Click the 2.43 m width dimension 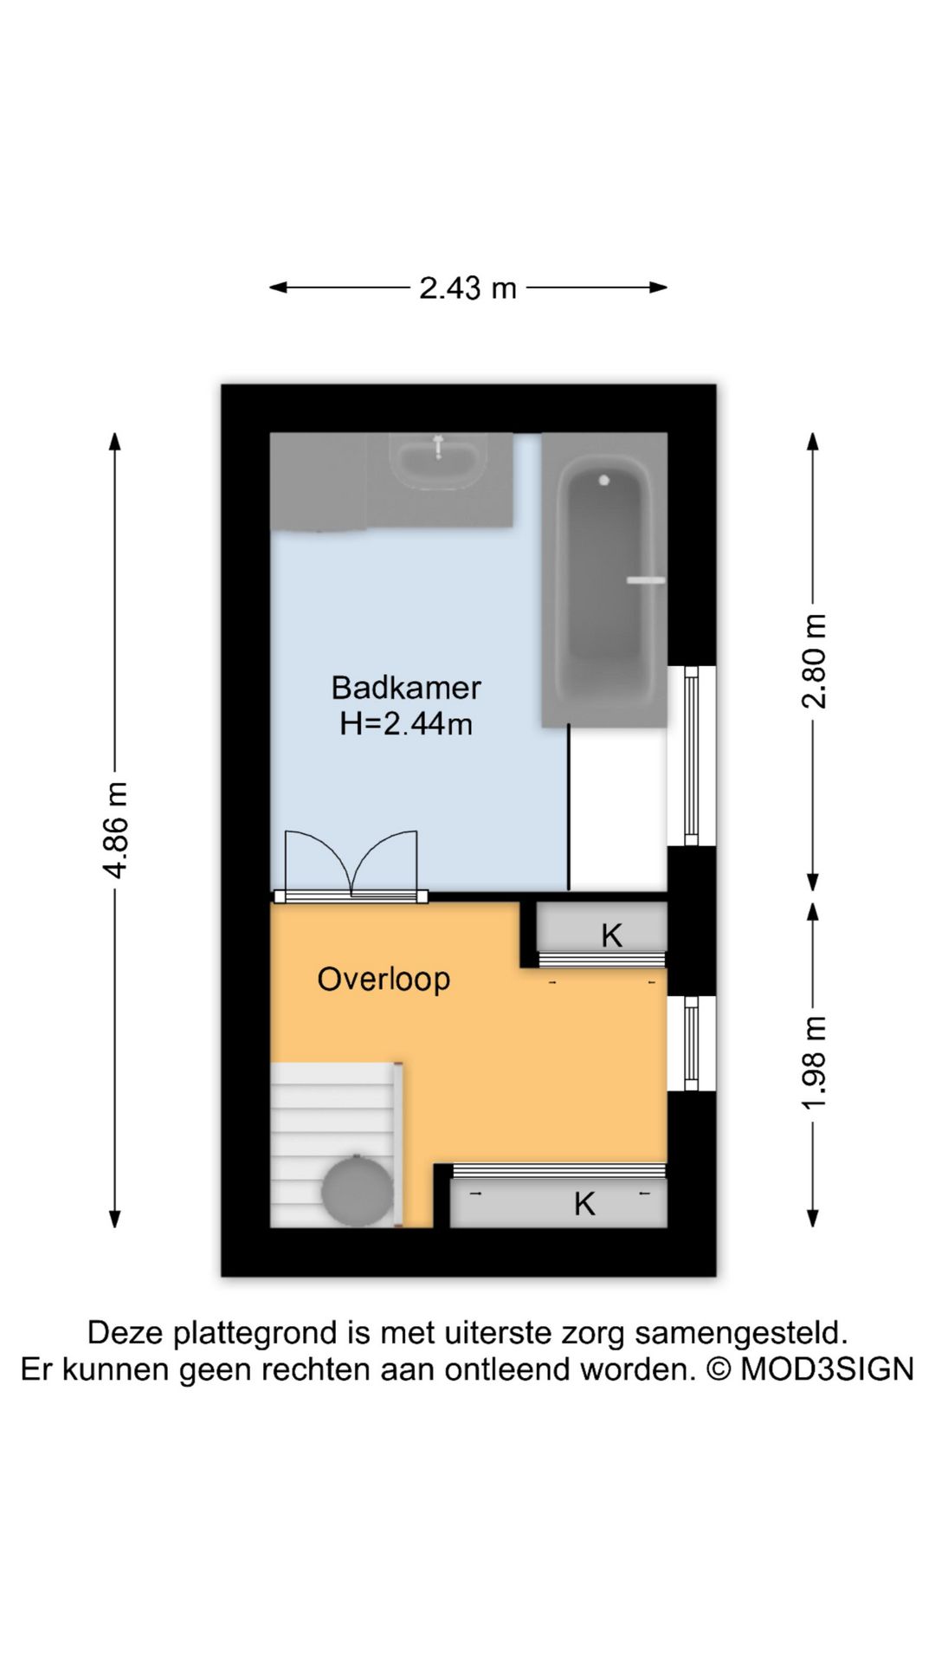(x=467, y=288)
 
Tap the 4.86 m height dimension (x=116, y=830)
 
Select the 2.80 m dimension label (x=814, y=661)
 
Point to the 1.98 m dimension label (x=814, y=1063)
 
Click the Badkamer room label (x=406, y=688)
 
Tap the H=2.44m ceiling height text (x=406, y=723)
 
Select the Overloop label (x=384, y=979)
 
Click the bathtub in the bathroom (x=604, y=580)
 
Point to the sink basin (x=438, y=462)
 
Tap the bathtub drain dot (x=604, y=480)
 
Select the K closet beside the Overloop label (x=602, y=935)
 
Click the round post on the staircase (x=357, y=1191)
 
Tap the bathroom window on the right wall (x=692, y=755)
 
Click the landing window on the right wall (x=692, y=1043)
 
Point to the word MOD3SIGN (x=827, y=1369)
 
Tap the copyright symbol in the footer (x=719, y=1369)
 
